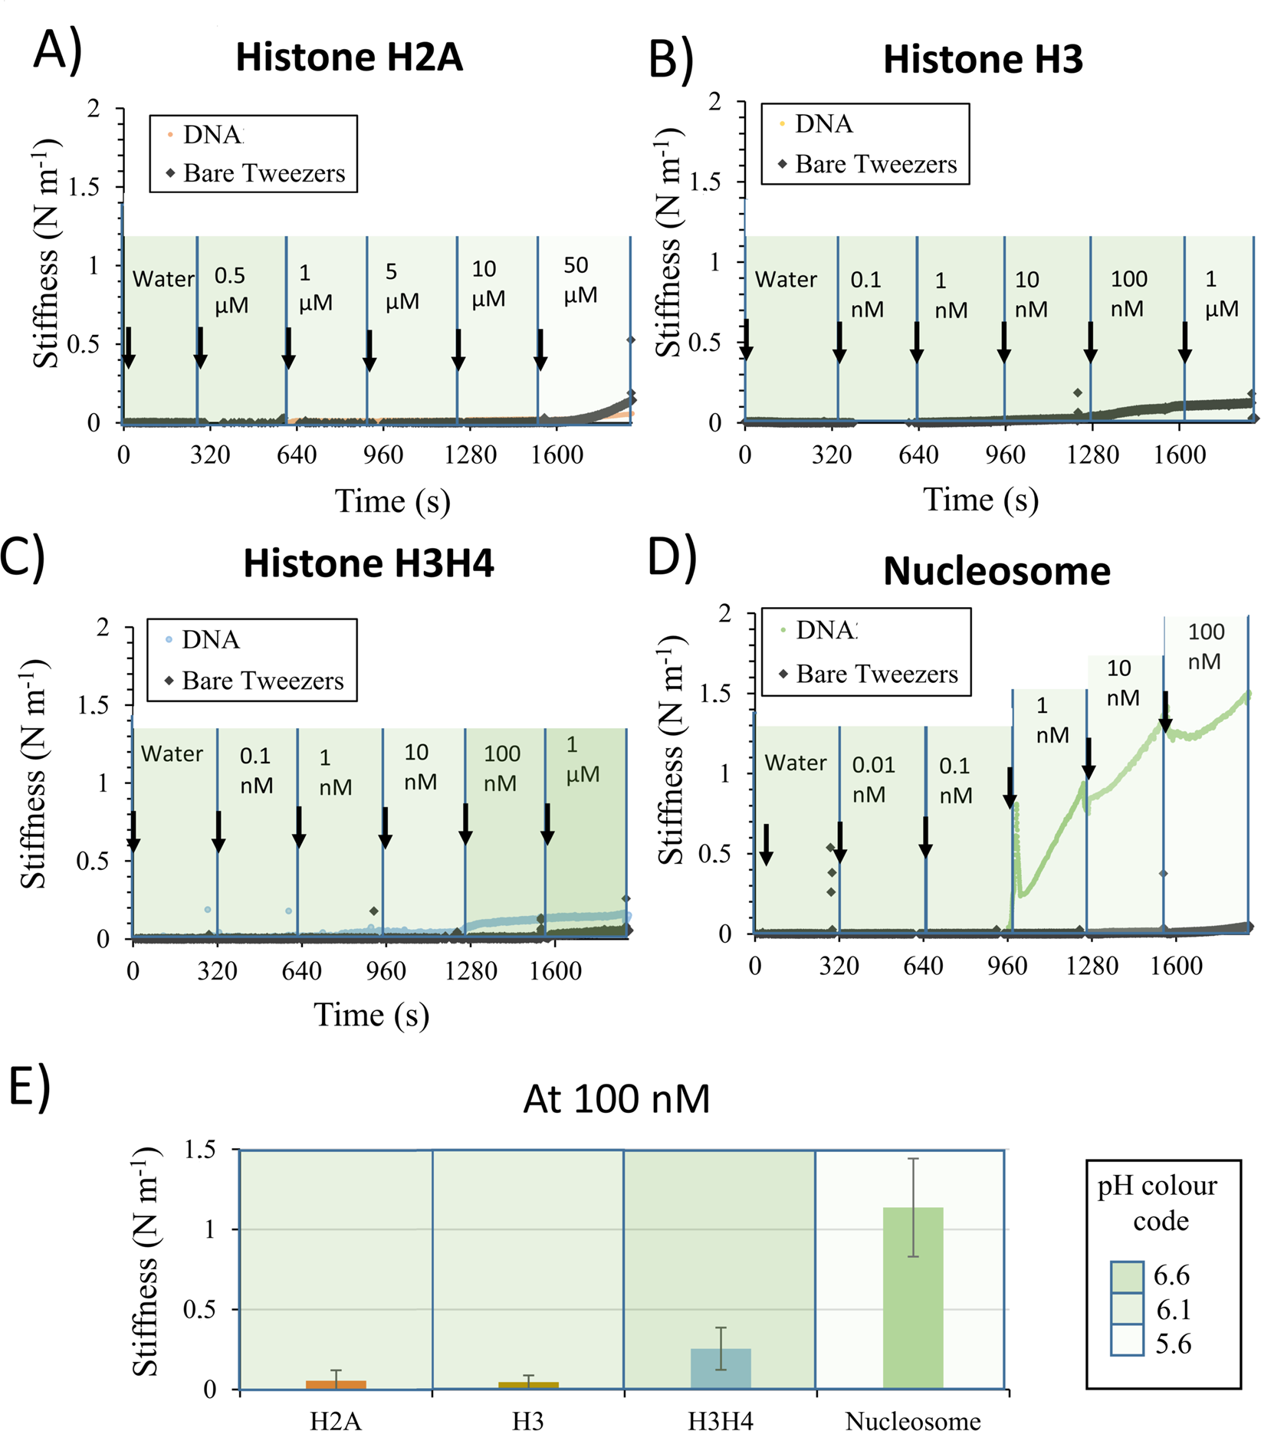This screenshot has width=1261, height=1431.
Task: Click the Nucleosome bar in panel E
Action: coord(913,1298)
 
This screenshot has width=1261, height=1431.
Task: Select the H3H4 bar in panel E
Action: coord(721,1369)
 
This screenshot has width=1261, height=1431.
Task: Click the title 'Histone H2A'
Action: coord(349,57)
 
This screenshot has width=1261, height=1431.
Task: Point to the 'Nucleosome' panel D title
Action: coord(996,571)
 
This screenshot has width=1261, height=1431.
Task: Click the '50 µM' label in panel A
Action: coord(580,281)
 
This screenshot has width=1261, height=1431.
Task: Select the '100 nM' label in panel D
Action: coord(1206,646)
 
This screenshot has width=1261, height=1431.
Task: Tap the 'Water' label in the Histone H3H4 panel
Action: coord(172,754)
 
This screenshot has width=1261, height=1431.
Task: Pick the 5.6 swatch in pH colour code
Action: coord(1127,1342)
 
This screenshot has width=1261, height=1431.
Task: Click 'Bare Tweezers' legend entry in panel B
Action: coord(875,164)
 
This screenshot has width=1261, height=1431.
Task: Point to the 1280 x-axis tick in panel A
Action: coord(470,455)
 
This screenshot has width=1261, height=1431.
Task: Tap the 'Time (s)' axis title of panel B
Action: coord(980,500)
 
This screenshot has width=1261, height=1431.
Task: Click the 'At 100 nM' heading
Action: coord(616,1099)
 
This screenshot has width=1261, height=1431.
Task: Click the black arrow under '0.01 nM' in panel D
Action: coord(840,843)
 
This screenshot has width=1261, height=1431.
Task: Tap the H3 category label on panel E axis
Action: coord(527,1420)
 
